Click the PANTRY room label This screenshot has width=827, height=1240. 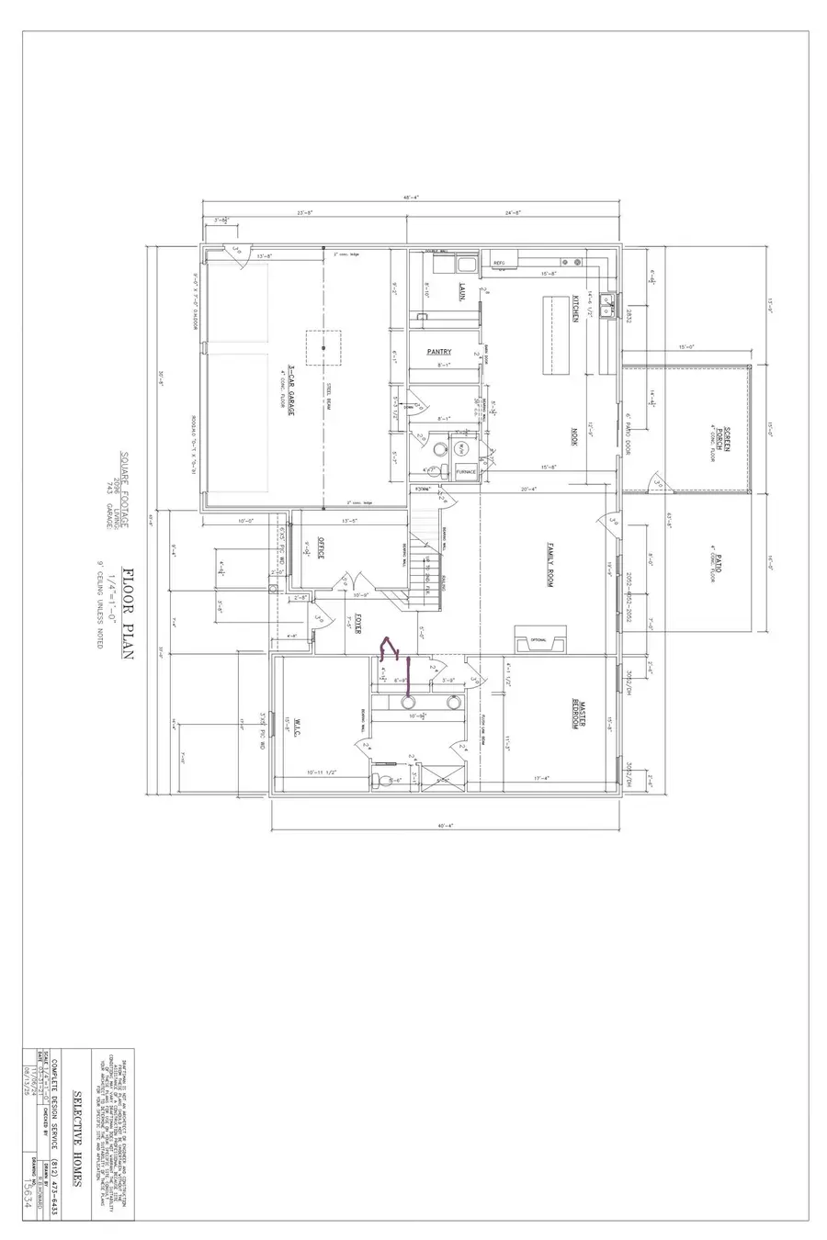point(438,352)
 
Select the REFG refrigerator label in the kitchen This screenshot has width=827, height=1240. point(500,264)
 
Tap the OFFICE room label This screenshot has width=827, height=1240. point(322,547)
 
